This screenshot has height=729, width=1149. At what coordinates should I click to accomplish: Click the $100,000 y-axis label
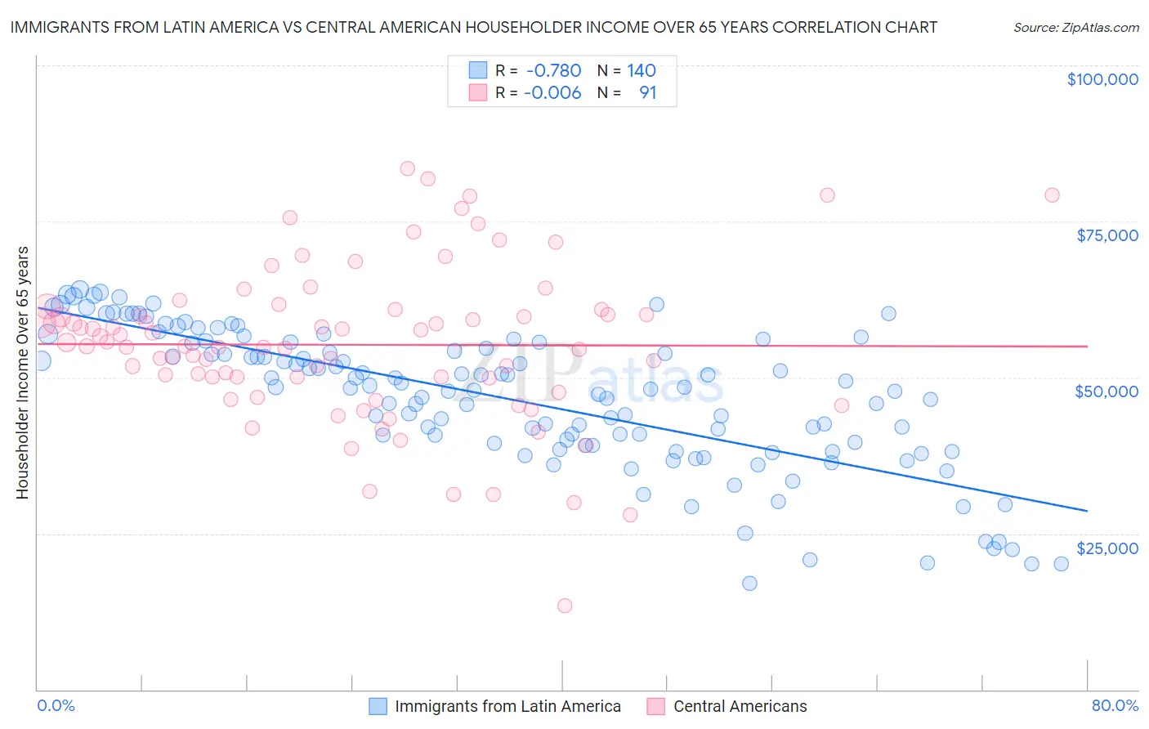(1102, 79)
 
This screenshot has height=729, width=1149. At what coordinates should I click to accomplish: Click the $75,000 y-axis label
(1107, 235)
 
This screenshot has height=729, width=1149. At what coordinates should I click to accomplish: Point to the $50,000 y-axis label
(1107, 391)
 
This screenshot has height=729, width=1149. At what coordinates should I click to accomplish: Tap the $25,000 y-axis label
(1107, 548)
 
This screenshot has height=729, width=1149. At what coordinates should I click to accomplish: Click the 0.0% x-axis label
(56, 705)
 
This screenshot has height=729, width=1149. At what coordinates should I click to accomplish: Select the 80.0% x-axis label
(1115, 705)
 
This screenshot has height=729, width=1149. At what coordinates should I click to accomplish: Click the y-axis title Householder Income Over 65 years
(22, 372)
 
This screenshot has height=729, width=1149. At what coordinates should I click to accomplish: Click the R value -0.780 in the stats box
(553, 70)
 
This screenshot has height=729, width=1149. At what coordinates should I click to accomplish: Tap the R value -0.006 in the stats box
(553, 92)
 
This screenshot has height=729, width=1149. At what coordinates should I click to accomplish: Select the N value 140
(642, 70)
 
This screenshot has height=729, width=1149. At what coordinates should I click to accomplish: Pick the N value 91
(647, 92)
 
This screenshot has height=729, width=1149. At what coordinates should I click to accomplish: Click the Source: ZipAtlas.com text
(1075, 27)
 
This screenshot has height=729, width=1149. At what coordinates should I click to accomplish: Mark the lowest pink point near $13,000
(564, 606)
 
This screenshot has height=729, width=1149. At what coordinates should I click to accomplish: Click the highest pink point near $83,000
(408, 168)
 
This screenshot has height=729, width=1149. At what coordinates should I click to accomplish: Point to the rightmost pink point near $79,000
(1052, 195)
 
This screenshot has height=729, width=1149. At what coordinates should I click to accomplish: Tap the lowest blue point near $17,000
(749, 583)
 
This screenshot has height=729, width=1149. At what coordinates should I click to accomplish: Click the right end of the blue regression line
(1087, 510)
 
